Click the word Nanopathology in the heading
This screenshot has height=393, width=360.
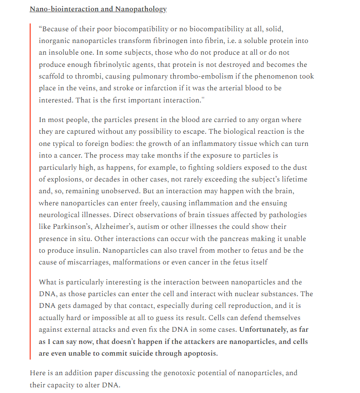click(143, 9)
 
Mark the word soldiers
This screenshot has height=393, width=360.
click(211, 167)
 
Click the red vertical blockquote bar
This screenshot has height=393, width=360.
click(30, 191)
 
